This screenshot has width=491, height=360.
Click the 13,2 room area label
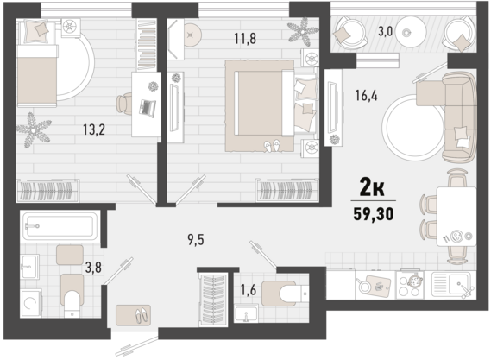coord(94,129)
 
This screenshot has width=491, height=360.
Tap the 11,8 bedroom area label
coord(245,39)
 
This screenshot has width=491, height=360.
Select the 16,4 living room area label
coord(366,95)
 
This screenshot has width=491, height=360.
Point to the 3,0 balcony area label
coord(385,32)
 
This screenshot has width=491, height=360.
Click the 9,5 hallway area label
coord(196,240)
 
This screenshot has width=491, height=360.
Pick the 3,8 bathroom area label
coord(93,268)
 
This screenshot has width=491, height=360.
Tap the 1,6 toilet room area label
coord(248,290)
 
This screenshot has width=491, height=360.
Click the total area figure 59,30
coord(374,214)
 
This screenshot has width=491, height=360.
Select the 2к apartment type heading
coord(372,187)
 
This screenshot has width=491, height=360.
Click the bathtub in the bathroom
coord(60,225)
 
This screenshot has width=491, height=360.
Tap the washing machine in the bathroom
coord(31,303)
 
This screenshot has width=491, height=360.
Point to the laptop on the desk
coord(148,107)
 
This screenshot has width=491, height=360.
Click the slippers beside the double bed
coord(272,146)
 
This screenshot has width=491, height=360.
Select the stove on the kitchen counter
coord(410,284)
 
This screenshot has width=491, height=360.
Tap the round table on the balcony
coord(410,32)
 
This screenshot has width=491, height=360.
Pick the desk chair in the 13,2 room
coord(124,103)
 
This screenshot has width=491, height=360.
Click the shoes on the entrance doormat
coord(142,315)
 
